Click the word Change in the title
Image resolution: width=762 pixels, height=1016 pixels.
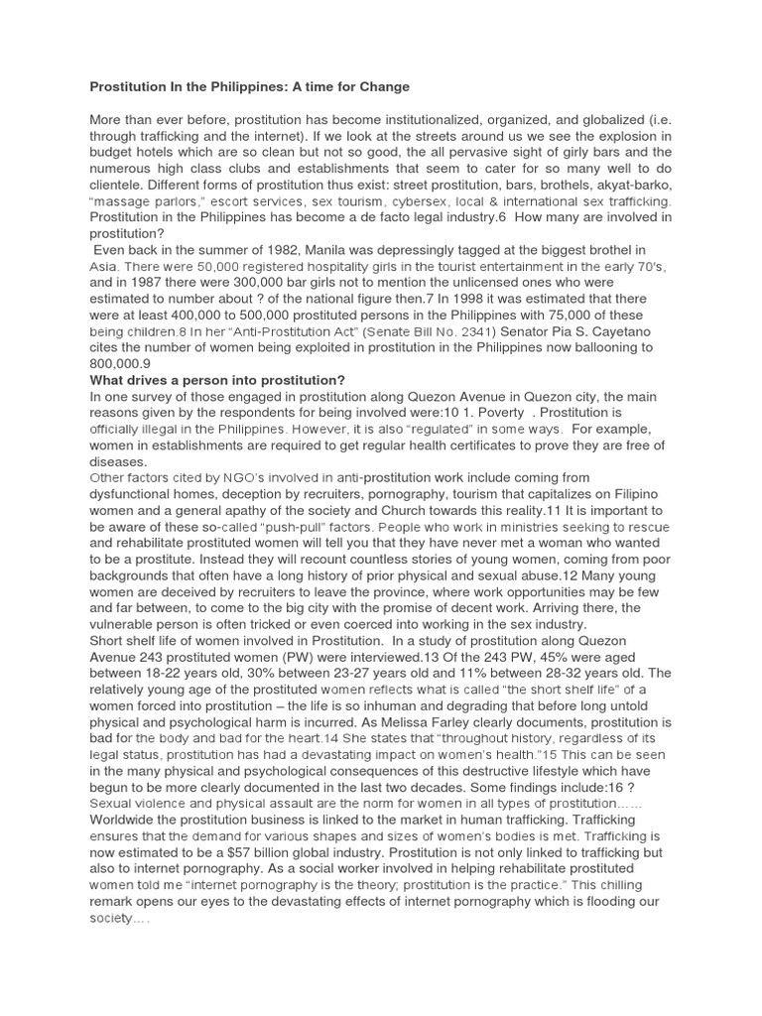(x=382, y=87)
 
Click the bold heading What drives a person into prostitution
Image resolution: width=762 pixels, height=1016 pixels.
(x=217, y=380)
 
